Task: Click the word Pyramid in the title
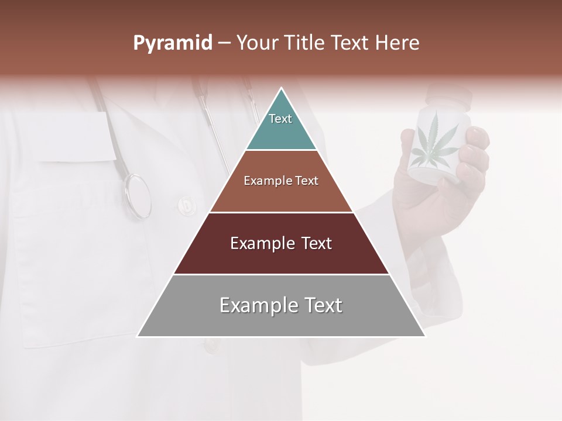(172, 43)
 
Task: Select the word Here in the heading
(397, 43)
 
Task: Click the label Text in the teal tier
(280, 119)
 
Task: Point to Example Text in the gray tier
(281, 305)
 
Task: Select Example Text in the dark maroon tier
(281, 243)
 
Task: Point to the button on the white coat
(186, 205)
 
